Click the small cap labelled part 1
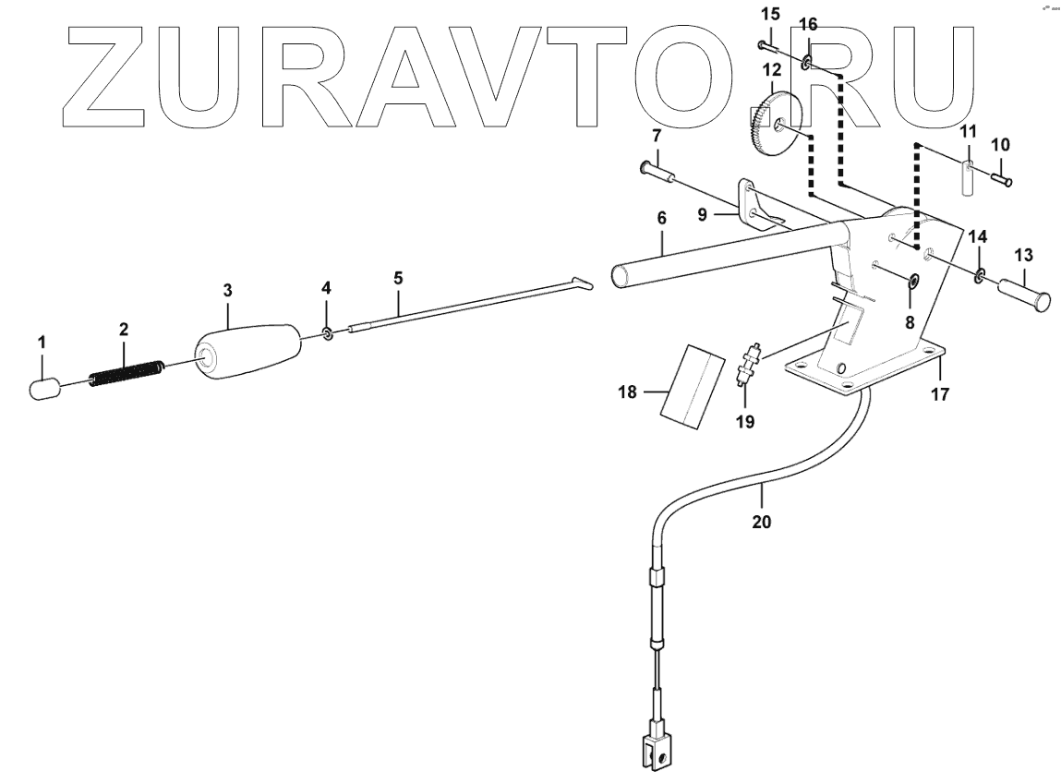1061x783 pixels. pyautogui.click(x=44, y=388)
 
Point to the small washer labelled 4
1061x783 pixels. pyautogui.click(x=328, y=332)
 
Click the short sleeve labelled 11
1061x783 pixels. pyautogui.click(x=967, y=177)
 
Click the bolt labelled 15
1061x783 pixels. pyautogui.click(x=770, y=45)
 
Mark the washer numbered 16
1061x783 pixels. pyautogui.click(x=807, y=63)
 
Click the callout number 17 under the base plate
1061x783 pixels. pyautogui.click(x=939, y=393)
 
